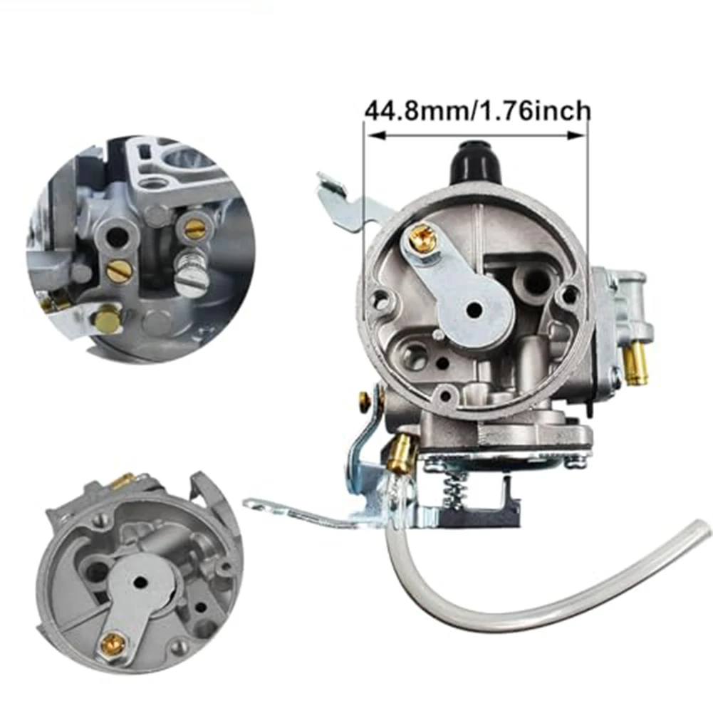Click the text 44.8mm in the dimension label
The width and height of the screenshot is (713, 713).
pyautogui.click(x=414, y=111)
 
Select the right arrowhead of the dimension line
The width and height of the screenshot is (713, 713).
pyautogui.click(x=576, y=135)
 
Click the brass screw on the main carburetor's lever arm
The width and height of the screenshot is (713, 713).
pyautogui.click(x=417, y=238)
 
